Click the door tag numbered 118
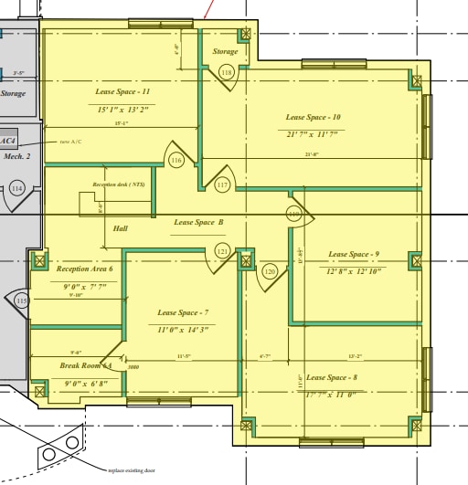(x=227, y=71)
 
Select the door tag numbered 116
(x=176, y=161)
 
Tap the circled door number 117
(x=222, y=185)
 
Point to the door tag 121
(x=222, y=250)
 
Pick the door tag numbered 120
(x=270, y=271)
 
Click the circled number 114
(x=16, y=188)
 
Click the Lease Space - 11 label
(x=122, y=92)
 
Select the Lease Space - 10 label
(x=313, y=117)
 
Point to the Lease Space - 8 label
(x=332, y=377)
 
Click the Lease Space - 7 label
(x=183, y=312)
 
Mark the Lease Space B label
(x=198, y=222)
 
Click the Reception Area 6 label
(x=84, y=269)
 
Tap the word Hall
(x=121, y=228)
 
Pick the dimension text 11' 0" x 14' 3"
(x=183, y=330)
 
